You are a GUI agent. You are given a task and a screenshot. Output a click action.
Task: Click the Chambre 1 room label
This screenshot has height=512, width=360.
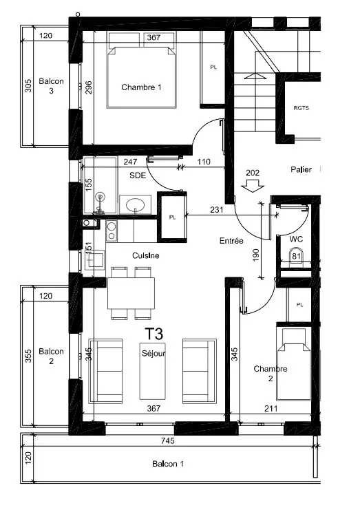(141, 87)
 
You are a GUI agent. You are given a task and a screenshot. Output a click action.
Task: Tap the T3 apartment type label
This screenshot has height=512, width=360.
(153, 334)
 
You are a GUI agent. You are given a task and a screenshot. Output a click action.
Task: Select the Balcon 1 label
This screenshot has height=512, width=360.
(168, 464)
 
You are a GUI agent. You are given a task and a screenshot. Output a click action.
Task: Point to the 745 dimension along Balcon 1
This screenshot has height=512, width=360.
(168, 440)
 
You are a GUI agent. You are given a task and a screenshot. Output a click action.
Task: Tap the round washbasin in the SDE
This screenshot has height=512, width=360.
(136, 205)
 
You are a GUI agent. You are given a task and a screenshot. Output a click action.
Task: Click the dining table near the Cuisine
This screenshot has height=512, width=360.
(131, 293)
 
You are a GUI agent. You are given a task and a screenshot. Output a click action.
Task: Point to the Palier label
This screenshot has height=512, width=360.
(301, 169)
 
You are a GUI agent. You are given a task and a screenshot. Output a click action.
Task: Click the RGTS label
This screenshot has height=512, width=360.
(301, 108)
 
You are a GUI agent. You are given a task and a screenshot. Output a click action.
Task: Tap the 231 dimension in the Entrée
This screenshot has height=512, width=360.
(217, 209)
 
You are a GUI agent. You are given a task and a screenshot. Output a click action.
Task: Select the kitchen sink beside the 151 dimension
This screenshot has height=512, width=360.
(95, 260)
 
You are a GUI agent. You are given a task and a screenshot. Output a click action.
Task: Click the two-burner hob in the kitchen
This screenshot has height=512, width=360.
(112, 231)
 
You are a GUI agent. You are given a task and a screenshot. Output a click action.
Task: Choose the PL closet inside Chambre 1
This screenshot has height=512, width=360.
(212, 69)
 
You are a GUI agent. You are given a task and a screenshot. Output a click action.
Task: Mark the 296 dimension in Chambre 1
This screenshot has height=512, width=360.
(88, 87)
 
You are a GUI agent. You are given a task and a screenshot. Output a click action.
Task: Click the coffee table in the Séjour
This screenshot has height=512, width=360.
(153, 372)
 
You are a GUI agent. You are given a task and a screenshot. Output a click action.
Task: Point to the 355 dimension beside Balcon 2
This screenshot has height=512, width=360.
(28, 356)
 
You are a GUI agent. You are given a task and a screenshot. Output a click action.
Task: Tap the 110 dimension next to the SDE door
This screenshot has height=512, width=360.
(204, 162)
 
